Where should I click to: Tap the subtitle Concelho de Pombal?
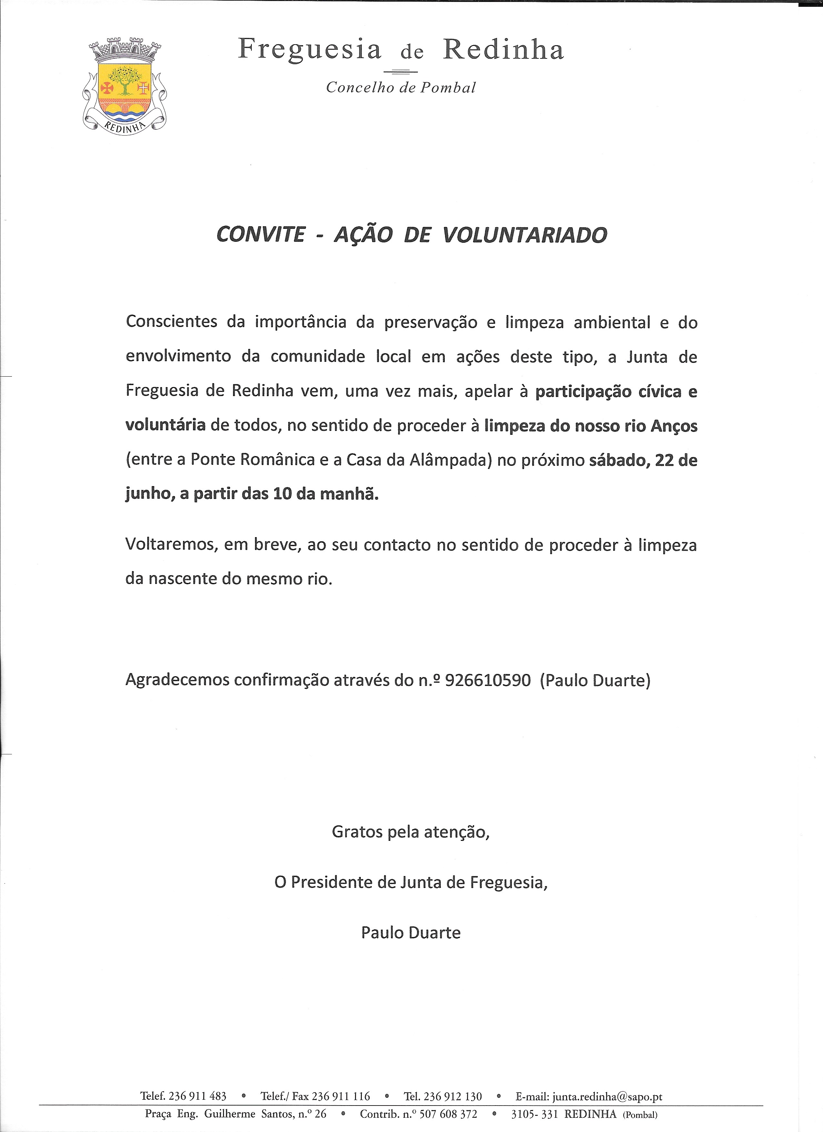[401, 88]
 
